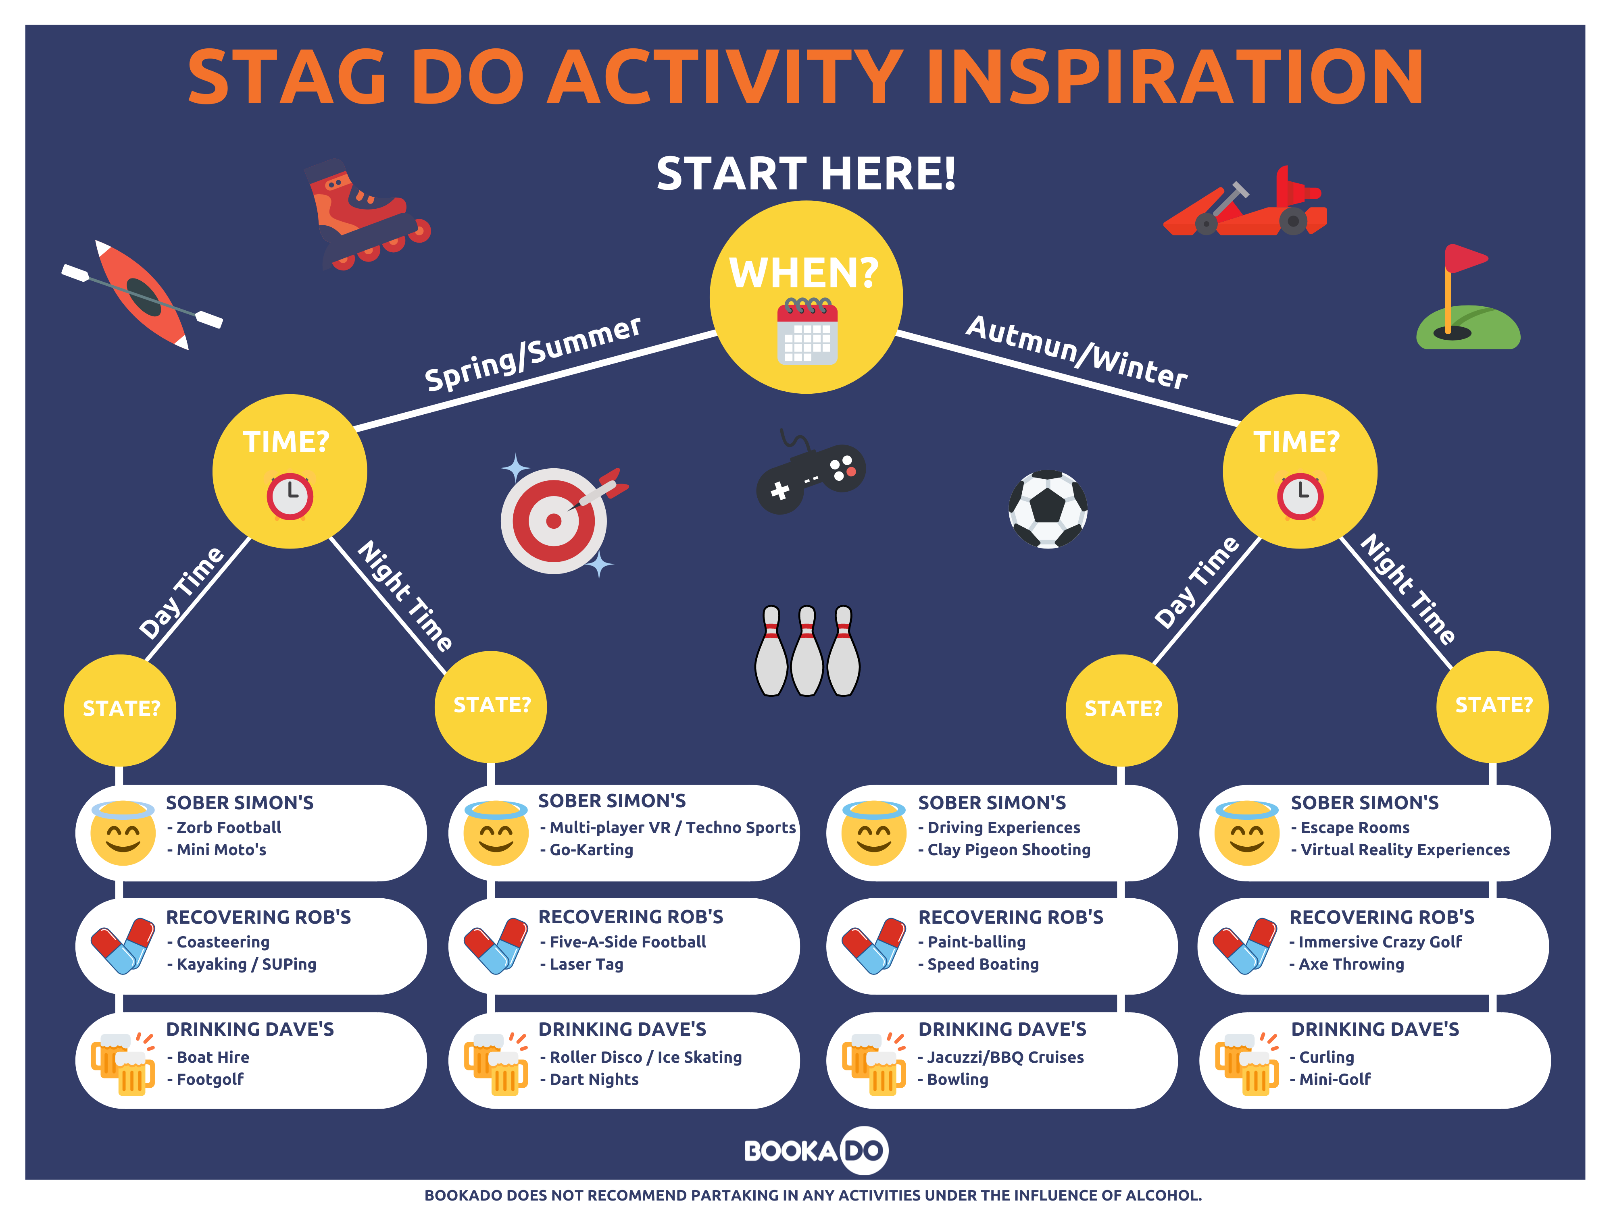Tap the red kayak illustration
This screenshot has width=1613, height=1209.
[x=142, y=295]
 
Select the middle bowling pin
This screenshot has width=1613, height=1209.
[x=807, y=650]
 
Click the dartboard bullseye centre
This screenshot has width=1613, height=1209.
[x=554, y=521]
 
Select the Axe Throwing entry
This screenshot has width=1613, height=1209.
[x=1351, y=964]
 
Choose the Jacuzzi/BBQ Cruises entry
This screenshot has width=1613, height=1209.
[x=1005, y=1057]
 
